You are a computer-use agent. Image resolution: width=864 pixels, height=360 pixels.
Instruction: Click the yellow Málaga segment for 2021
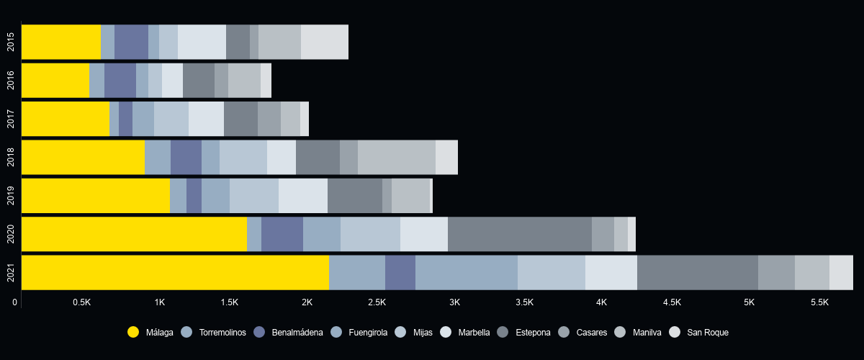(x=175, y=272)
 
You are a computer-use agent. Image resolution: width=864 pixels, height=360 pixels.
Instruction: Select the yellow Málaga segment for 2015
(x=61, y=42)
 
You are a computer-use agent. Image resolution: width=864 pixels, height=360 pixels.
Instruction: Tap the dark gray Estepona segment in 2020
(x=519, y=234)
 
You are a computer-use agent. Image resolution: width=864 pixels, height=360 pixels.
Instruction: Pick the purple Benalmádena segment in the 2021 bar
(x=400, y=272)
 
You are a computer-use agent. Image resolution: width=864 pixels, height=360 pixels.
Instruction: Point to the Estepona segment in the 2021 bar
(x=697, y=272)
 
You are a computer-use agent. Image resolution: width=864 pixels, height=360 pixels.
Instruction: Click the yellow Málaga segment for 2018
(x=83, y=157)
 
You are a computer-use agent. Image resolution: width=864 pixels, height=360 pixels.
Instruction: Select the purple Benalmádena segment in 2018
(x=186, y=157)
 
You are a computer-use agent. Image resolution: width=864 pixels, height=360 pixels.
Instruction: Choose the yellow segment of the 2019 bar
(x=96, y=195)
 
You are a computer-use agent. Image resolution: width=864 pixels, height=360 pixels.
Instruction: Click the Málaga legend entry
(x=150, y=333)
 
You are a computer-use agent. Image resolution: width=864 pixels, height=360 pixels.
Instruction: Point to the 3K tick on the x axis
(x=454, y=302)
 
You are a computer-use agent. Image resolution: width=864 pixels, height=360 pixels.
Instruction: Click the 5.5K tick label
(x=819, y=302)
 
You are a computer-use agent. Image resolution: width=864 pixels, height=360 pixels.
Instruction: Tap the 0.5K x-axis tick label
(x=81, y=302)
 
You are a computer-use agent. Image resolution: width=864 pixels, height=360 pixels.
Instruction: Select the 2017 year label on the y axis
(x=11, y=119)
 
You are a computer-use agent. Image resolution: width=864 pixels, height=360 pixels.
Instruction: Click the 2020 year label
(x=11, y=234)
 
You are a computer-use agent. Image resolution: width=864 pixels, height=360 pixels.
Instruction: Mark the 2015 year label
(x=11, y=42)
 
